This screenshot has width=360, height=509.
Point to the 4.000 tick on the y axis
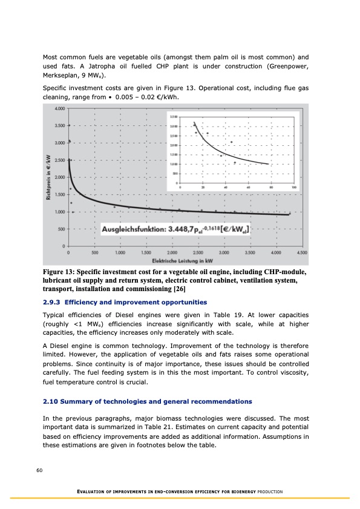[x=59, y=109]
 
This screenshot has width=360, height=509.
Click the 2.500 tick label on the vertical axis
[x=59, y=160]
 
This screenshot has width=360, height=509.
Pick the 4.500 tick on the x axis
[x=302, y=252]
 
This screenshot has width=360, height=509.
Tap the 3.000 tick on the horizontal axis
[x=224, y=252]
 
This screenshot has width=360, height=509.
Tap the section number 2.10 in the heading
[x=52, y=401]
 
